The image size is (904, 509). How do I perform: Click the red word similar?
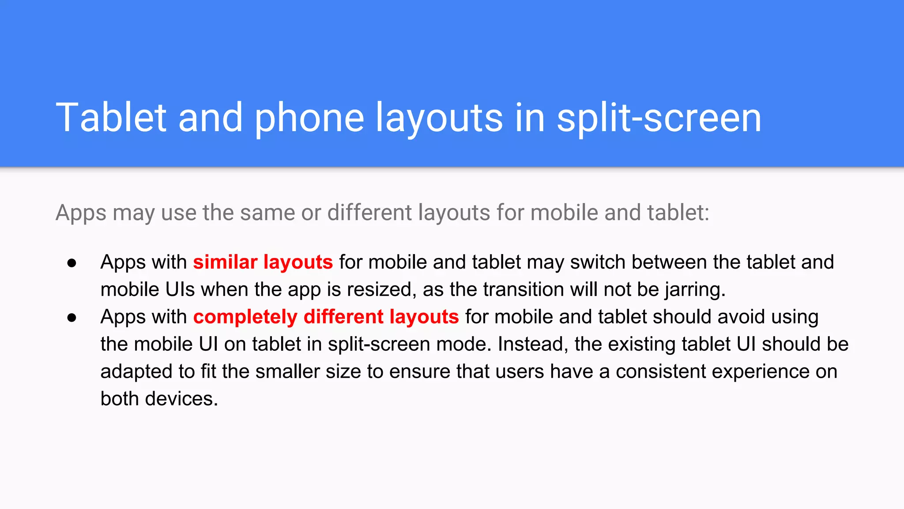pos(225,262)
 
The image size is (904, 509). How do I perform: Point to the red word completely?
pos(245,317)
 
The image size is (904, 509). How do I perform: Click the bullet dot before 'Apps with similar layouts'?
pos(72,263)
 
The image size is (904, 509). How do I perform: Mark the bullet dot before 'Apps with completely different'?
pos(72,318)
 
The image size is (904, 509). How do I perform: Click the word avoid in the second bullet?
pos(741,317)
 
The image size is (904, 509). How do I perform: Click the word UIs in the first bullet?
pos(180,289)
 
